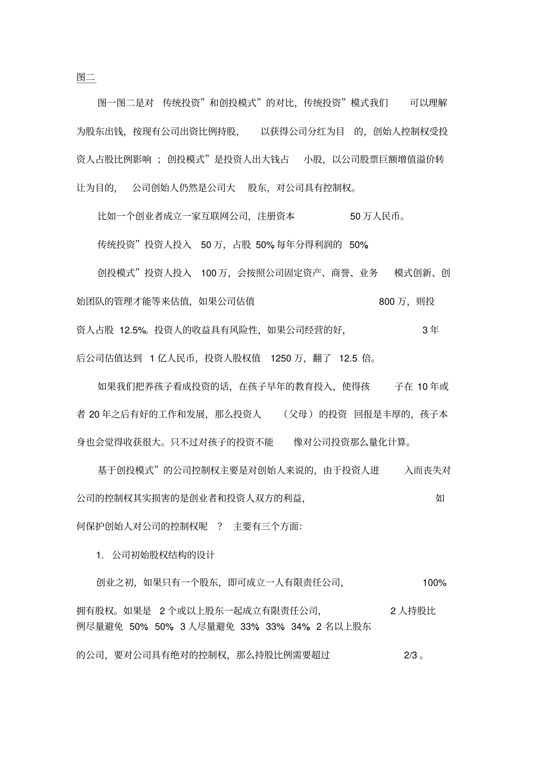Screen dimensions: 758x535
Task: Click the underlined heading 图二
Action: tap(86, 77)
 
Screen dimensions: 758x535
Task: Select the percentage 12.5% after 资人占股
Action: tap(133, 330)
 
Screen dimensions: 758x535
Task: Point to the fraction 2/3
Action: tap(411, 655)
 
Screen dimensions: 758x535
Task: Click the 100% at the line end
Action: tap(434, 583)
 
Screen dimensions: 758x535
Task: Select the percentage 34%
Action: tap(301, 627)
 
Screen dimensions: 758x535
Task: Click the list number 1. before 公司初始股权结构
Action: tap(100, 555)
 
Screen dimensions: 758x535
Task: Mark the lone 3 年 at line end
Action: tap(431, 330)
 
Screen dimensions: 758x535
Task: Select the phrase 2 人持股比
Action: tap(413, 611)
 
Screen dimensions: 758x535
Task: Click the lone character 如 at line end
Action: tap(440, 498)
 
